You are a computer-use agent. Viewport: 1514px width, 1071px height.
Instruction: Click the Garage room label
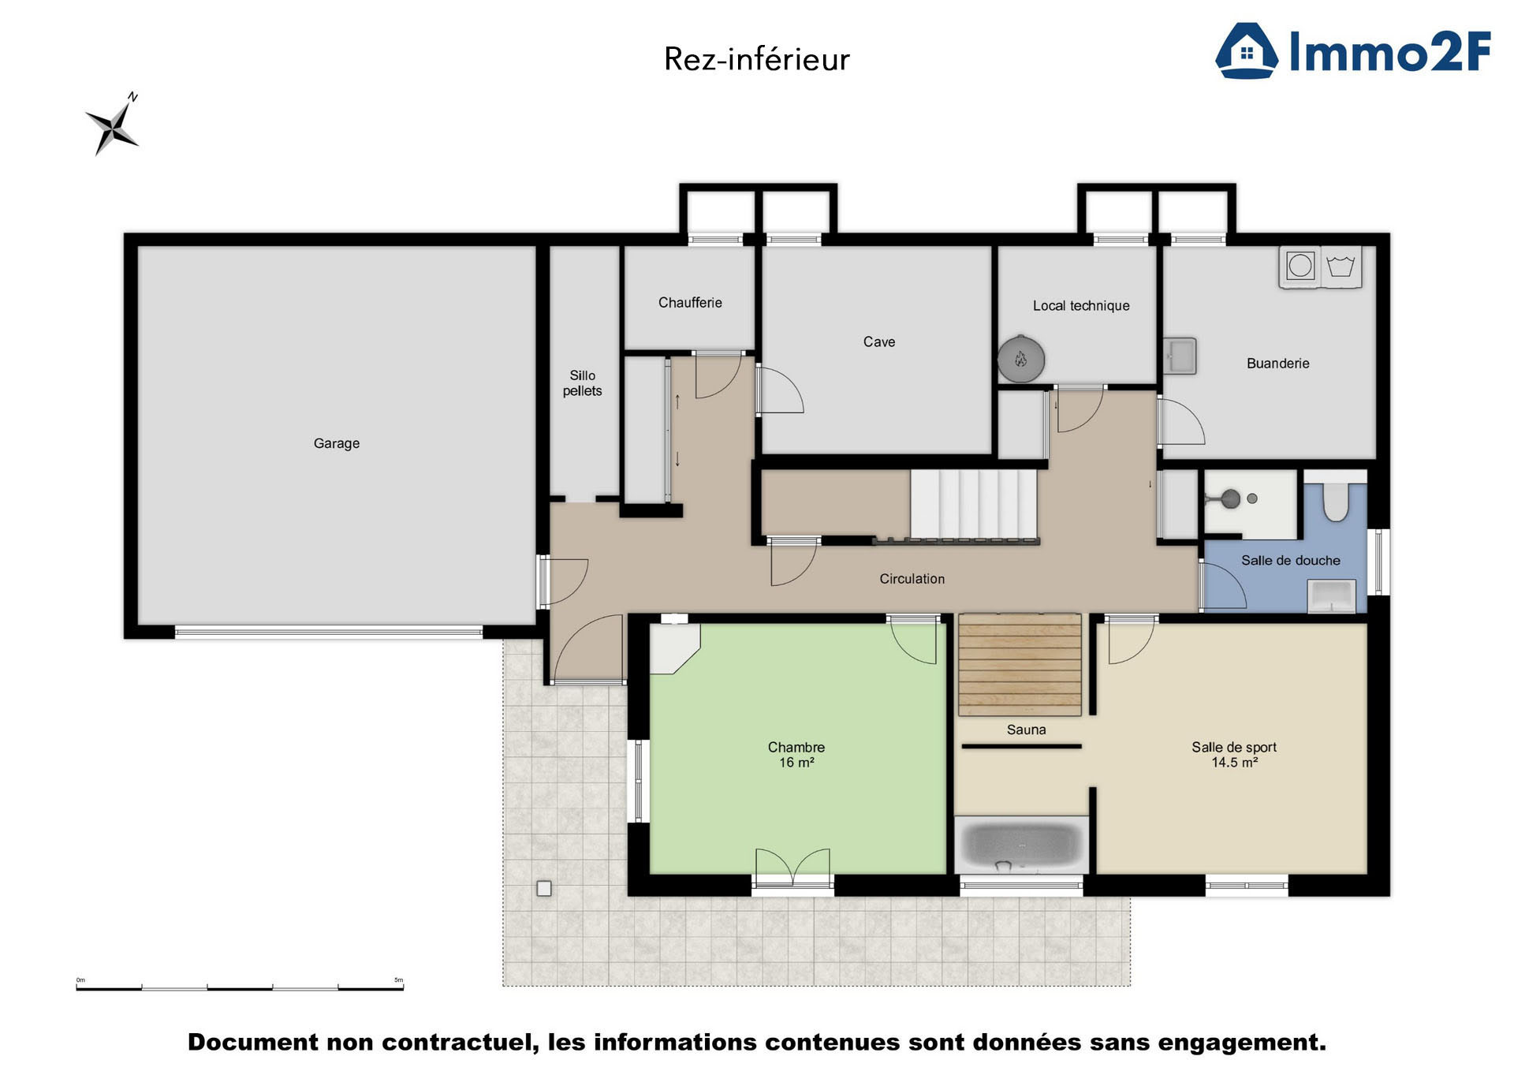(337, 443)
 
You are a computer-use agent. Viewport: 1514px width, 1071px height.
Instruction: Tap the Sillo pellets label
(582, 383)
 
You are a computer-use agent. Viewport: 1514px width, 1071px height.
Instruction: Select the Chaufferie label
(690, 303)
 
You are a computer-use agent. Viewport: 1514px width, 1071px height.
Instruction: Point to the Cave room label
(878, 341)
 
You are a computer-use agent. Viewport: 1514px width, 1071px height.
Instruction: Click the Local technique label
(1081, 306)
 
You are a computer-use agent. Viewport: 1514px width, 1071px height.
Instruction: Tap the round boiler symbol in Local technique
(1021, 360)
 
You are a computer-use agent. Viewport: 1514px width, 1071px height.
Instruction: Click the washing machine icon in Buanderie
(1300, 266)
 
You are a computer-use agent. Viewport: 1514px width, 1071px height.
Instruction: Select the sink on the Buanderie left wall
(1180, 356)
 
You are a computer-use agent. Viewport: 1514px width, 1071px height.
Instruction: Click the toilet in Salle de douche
(1335, 500)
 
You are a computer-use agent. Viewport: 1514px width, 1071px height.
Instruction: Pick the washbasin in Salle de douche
(1331, 595)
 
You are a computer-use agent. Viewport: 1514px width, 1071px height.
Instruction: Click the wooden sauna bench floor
(1019, 665)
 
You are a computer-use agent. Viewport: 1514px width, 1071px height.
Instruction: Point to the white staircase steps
(973, 503)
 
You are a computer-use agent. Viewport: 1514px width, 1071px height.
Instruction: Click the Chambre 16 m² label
(796, 755)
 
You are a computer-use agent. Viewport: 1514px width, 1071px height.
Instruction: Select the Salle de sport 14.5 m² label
(1234, 755)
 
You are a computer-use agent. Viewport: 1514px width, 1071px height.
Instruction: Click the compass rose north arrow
(114, 126)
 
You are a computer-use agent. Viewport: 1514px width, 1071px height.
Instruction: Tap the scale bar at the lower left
(240, 987)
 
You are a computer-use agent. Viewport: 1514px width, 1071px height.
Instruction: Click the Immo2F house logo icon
(1246, 51)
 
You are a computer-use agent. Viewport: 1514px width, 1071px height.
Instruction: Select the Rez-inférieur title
(756, 59)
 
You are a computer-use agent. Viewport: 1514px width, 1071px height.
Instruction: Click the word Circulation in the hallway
(912, 579)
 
